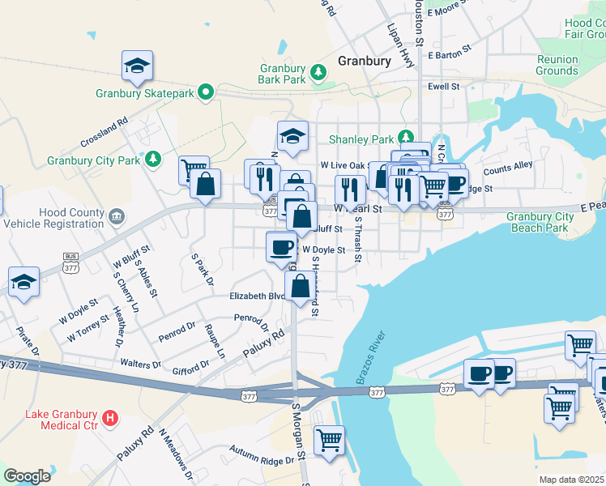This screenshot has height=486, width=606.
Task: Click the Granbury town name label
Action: click(x=364, y=61)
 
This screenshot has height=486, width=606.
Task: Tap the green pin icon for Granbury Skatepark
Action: click(x=207, y=93)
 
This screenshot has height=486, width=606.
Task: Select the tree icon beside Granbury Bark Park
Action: click(x=319, y=73)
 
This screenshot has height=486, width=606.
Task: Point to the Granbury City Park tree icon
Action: click(x=152, y=160)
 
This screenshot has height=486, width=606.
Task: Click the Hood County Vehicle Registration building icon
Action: click(x=117, y=215)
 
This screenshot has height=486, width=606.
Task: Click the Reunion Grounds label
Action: click(x=557, y=65)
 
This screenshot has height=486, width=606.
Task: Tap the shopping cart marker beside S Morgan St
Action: click(x=329, y=441)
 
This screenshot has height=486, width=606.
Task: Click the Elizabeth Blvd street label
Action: click(x=258, y=296)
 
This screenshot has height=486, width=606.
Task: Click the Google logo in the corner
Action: click(x=27, y=476)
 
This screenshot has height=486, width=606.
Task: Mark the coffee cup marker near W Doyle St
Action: click(x=281, y=245)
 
